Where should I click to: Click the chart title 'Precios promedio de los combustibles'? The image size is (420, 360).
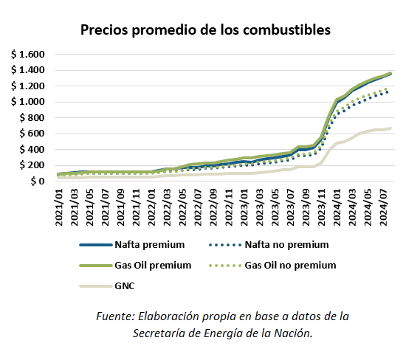pyautogui.click(x=205, y=30)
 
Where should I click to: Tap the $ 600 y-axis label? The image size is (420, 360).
pyautogui.click(x=32, y=134)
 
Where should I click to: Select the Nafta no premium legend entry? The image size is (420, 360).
pyautogui.click(x=286, y=243)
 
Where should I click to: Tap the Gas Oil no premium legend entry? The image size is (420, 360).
pyautogui.click(x=290, y=265)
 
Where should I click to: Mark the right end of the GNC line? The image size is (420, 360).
pyautogui.click(x=390, y=128)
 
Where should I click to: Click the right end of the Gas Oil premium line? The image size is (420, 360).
pyautogui.click(x=390, y=73)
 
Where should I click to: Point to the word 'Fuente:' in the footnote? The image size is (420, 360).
pyautogui.click(x=115, y=316)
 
